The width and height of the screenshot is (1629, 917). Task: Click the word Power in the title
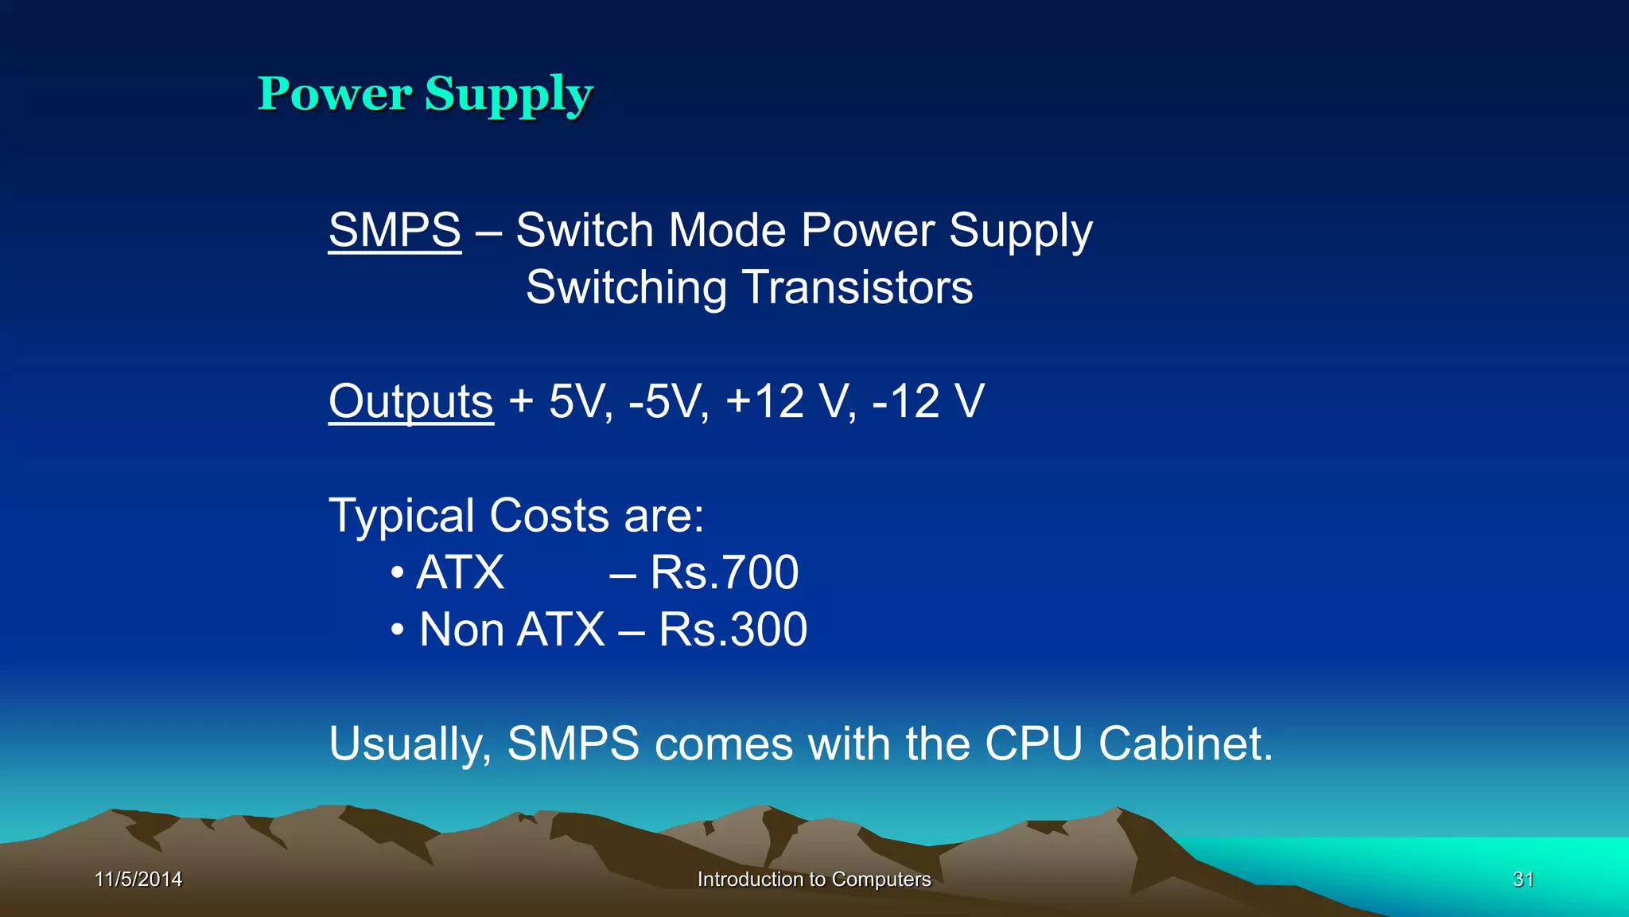pos(335,94)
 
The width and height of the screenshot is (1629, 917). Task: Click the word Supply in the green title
pos(509,96)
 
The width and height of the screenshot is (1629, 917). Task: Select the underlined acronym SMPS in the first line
pos(395,230)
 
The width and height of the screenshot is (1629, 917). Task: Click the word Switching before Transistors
pos(626,289)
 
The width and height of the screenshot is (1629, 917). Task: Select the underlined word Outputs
pos(411,401)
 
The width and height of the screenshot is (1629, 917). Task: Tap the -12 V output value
pos(928,401)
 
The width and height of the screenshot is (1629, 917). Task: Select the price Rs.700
pos(724,572)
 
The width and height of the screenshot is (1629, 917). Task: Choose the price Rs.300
pos(733,630)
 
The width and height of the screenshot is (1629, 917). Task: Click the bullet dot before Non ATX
pos(398,630)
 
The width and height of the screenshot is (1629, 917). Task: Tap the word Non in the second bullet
pos(461,630)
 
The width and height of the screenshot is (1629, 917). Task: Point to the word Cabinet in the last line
pos(1185,743)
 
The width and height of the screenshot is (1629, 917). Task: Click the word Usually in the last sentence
pos(410,745)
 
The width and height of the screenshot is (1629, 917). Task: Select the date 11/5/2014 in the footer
pos(138,879)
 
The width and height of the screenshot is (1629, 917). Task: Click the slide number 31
pos(1522,879)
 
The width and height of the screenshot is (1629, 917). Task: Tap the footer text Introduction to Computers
pos(814,879)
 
